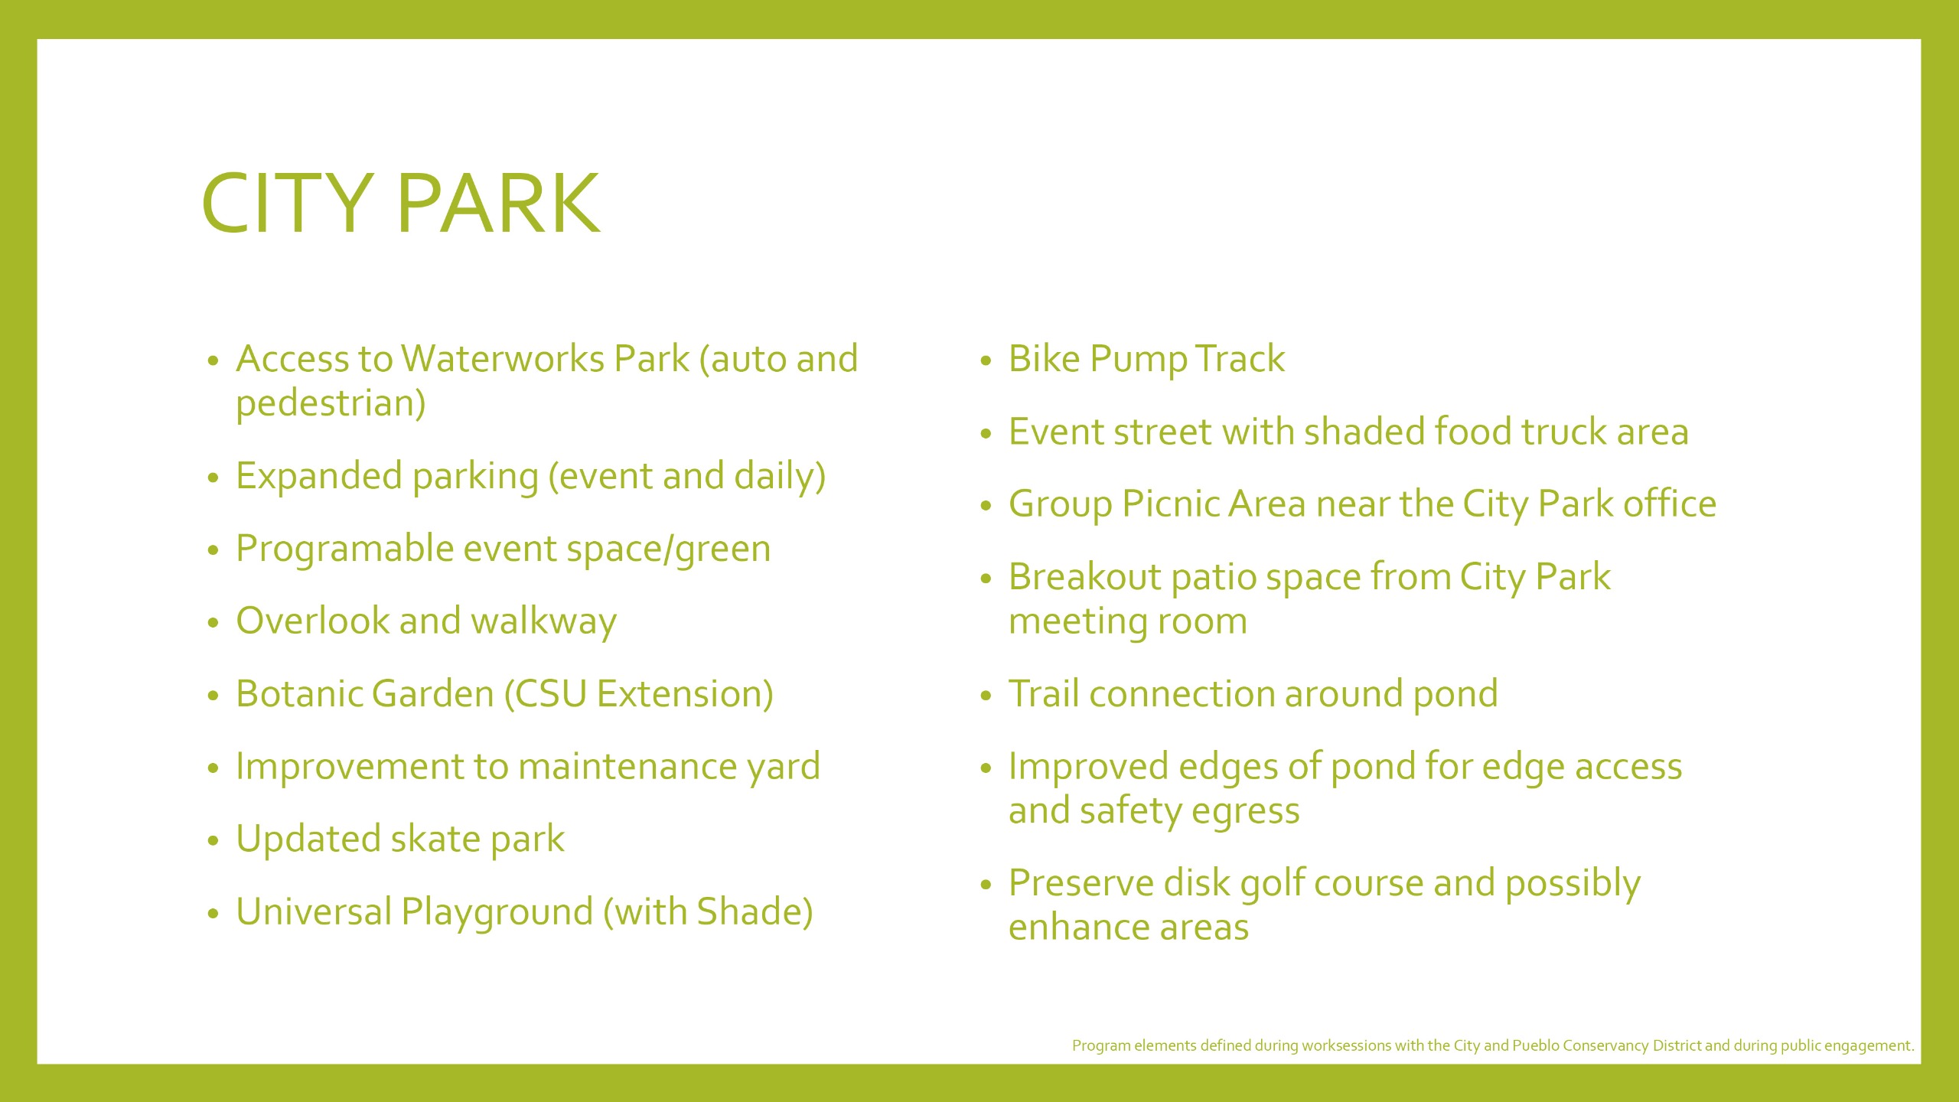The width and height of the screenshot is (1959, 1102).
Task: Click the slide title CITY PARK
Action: click(x=401, y=203)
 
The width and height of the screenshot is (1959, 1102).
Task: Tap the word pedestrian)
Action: click(x=331, y=403)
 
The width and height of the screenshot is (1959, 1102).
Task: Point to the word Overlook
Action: click(x=313, y=621)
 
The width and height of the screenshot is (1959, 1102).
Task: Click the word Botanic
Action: click(x=300, y=694)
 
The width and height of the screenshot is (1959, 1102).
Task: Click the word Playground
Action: click(x=497, y=913)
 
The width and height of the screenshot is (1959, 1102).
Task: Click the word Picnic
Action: click(x=1170, y=504)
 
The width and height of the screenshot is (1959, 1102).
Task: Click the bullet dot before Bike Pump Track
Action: click(x=986, y=360)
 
